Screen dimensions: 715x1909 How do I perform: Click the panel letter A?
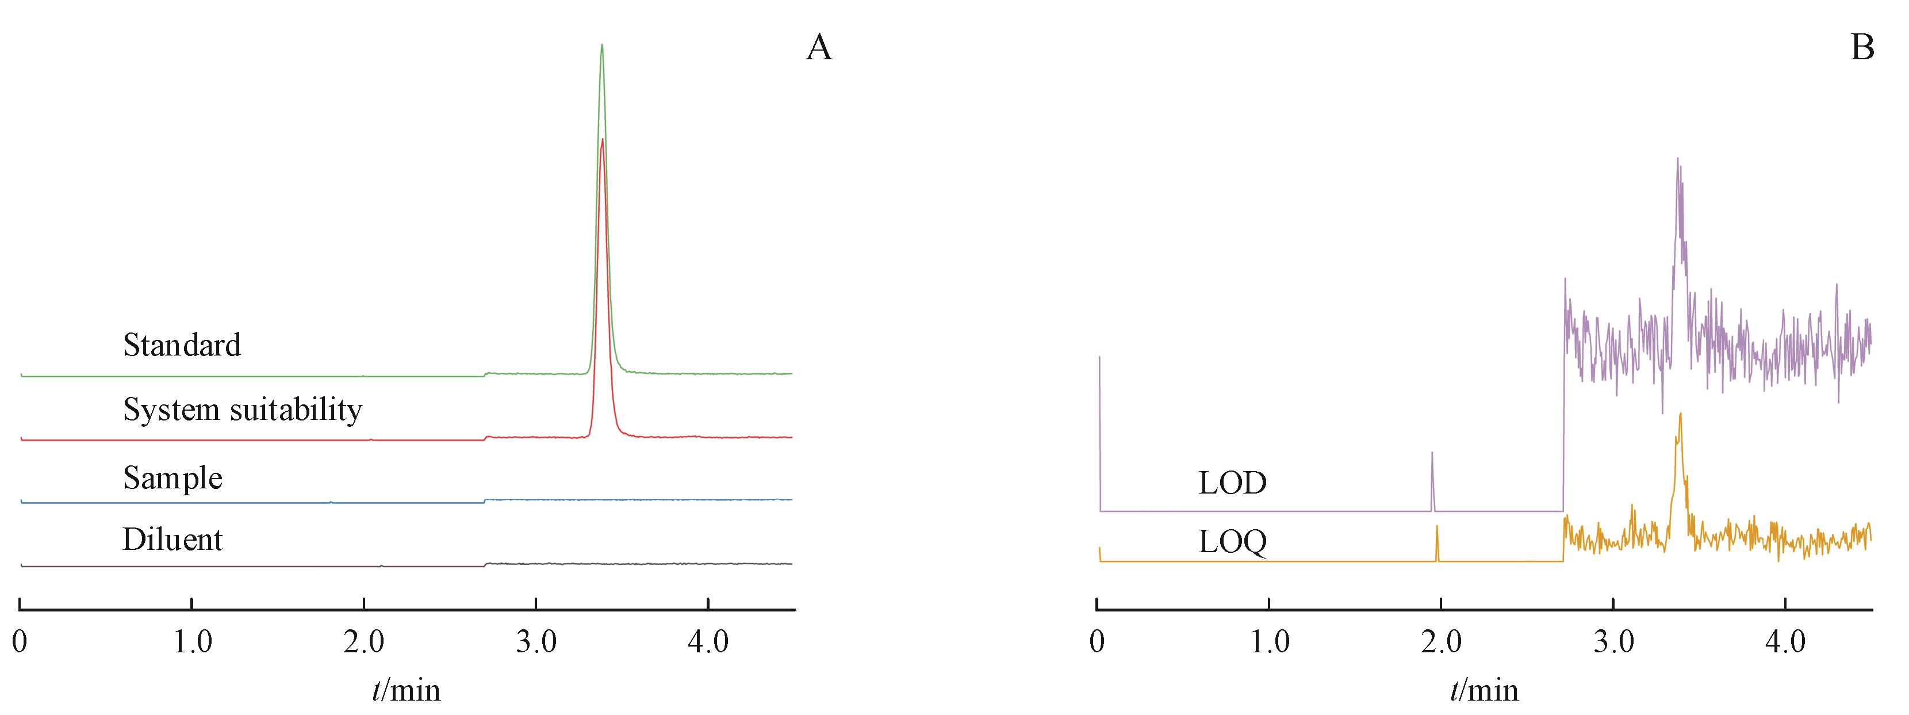(819, 49)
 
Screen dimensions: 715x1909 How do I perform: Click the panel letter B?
(1862, 49)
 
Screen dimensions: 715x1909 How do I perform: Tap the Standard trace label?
(182, 345)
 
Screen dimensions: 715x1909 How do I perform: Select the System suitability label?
(242, 410)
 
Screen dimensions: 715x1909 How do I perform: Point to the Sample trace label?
(172, 479)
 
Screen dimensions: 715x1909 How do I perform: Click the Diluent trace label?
(172, 540)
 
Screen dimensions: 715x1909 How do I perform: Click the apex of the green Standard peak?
(602, 46)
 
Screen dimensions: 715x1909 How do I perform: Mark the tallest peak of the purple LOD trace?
(1677, 159)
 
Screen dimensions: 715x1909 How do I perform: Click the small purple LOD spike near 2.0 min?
(1432, 453)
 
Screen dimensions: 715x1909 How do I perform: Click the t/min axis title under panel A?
(406, 690)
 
